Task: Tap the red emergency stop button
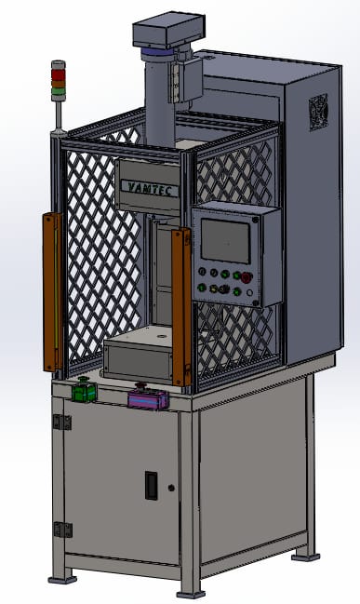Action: (x=247, y=276)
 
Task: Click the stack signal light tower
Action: (x=59, y=80)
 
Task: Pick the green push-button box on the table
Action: (x=85, y=392)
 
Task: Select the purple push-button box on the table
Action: (x=148, y=399)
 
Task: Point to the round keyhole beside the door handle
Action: (x=171, y=488)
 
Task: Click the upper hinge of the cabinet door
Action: (x=62, y=423)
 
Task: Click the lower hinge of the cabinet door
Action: (x=62, y=529)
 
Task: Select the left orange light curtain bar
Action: (x=53, y=291)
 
